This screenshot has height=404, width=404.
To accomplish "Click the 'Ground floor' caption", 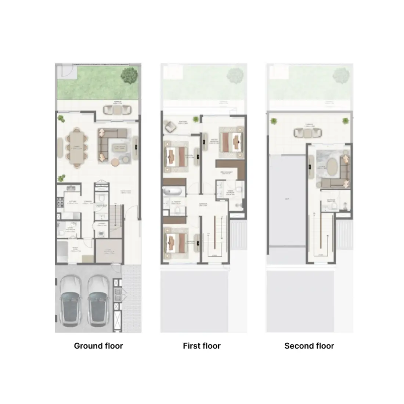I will [x=98, y=346].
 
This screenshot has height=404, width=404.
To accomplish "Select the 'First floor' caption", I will [x=202, y=346].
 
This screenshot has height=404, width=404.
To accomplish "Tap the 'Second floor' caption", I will [x=309, y=346].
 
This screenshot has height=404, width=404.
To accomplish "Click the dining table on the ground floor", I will [x=77, y=147].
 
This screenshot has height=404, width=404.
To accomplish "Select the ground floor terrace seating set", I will [x=117, y=109].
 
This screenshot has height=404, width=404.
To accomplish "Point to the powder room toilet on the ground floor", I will [x=102, y=199].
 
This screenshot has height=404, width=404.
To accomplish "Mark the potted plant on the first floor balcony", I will [x=195, y=120].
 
